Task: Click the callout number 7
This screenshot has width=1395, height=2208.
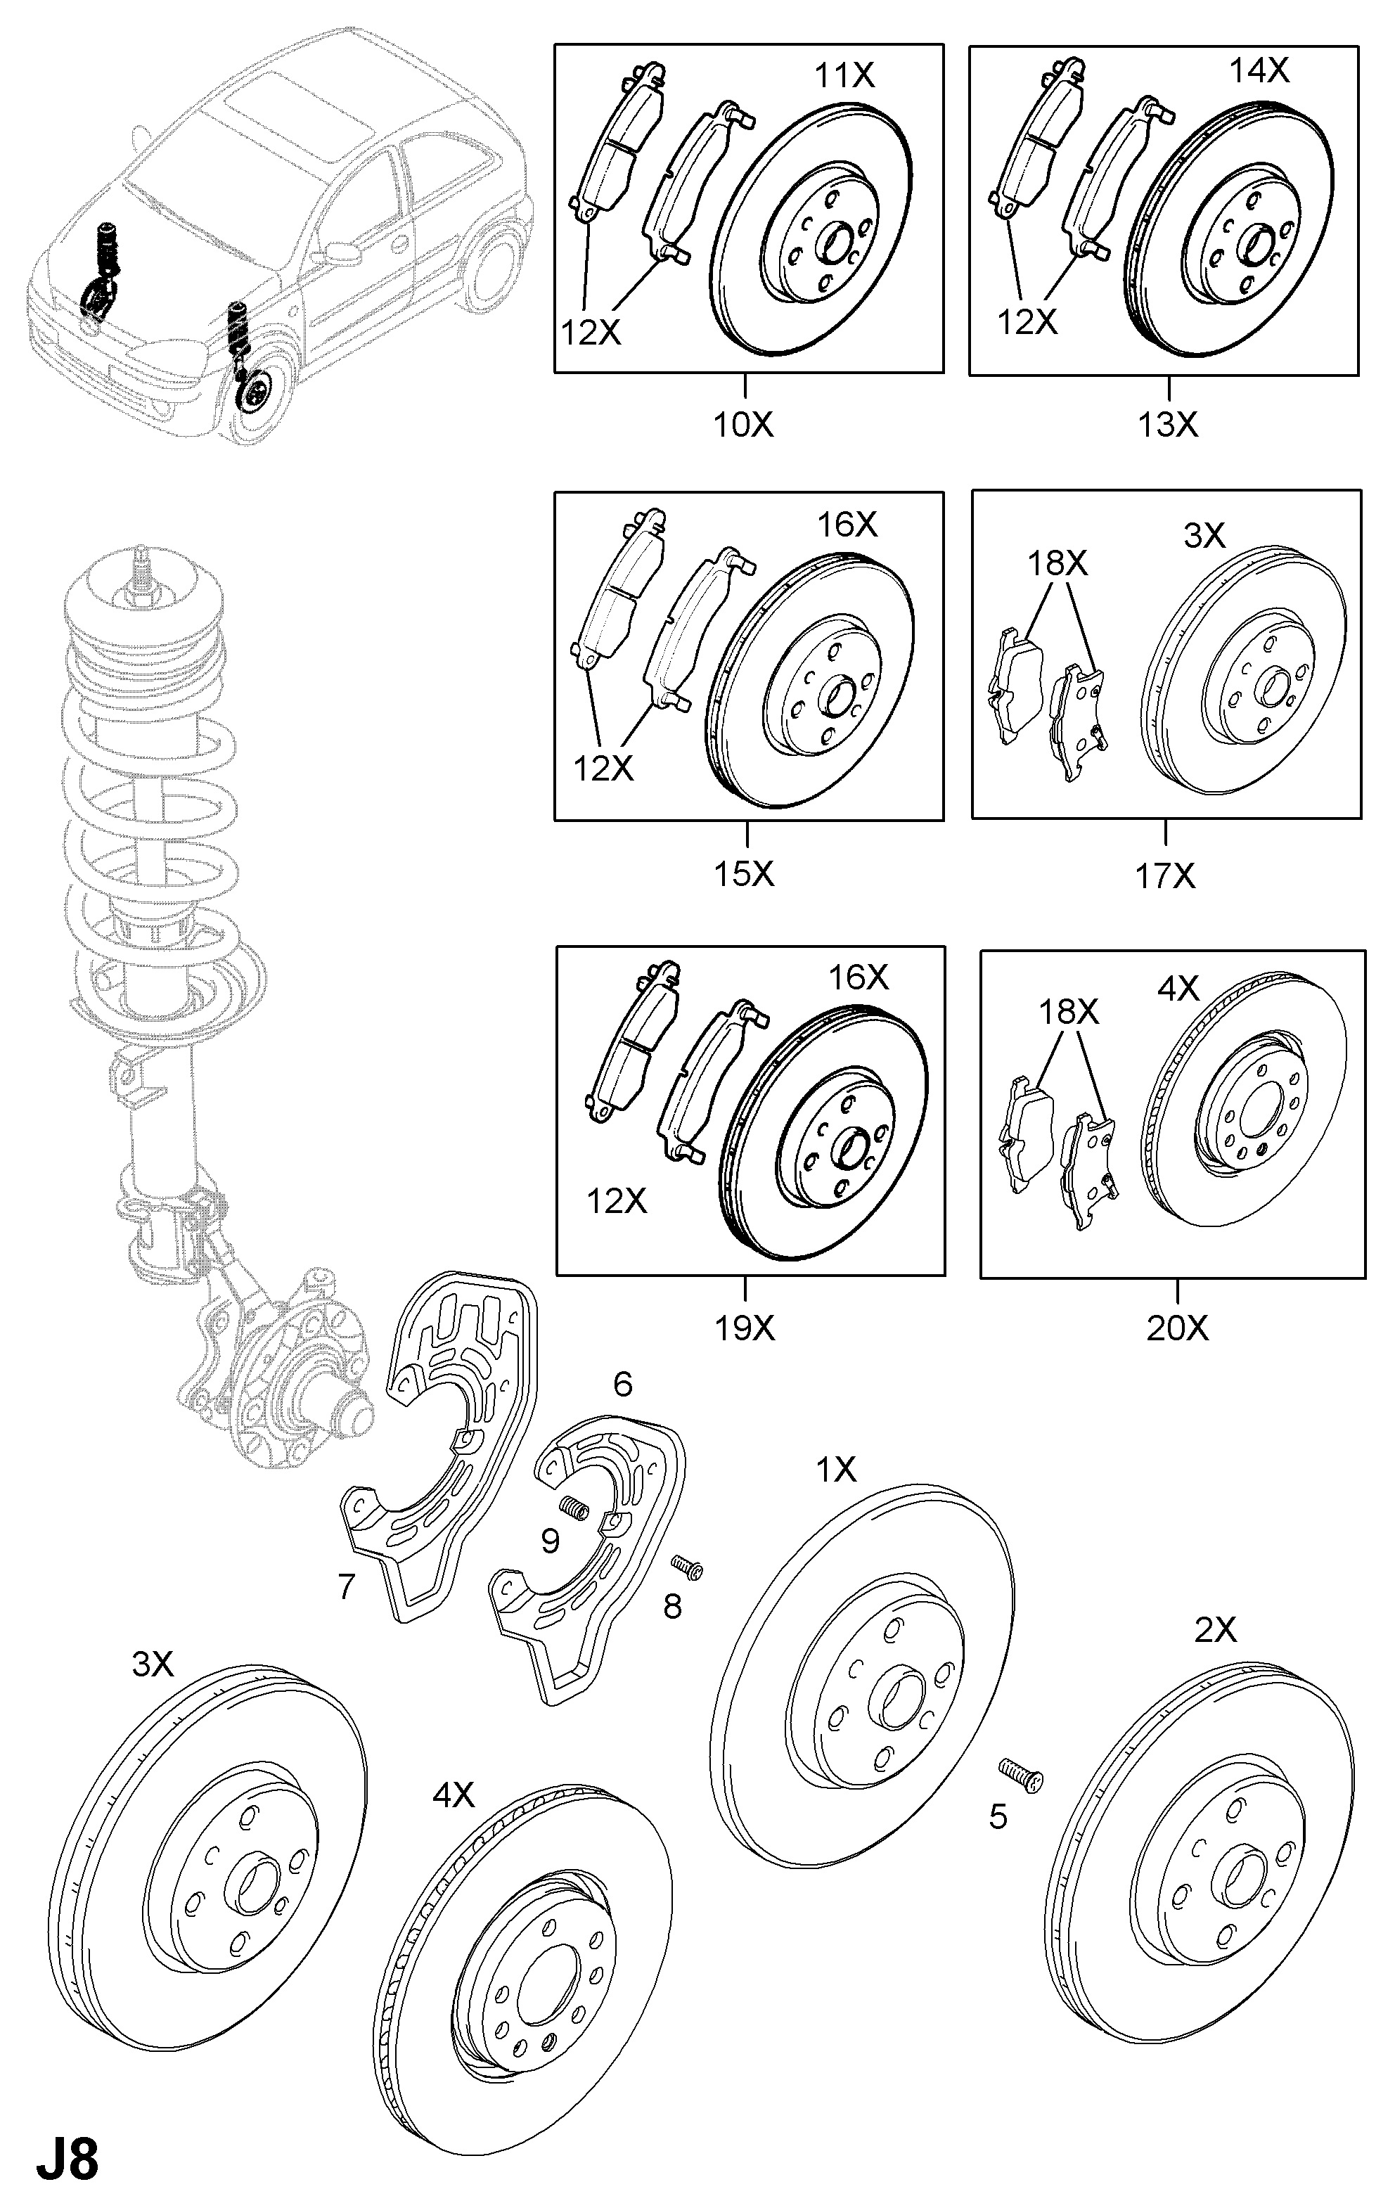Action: click(x=346, y=1586)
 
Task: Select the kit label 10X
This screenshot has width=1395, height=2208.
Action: click(x=743, y=425)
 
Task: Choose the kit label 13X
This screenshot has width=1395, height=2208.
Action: click(x=1168, y=425)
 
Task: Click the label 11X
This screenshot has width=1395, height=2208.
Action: click(x=844, y=75)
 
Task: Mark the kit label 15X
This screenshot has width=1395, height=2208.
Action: click(x=744, y=874)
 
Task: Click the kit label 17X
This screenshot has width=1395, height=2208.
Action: click(x=1165, y=877)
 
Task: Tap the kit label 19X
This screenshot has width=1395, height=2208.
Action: click(x=745, y=1327)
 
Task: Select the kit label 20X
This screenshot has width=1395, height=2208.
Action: click(x=1178, y=1327)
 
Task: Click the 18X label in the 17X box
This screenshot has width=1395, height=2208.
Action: click(x=1057, y=563)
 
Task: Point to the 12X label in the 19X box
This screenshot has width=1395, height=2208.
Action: click(x=617, y=1200)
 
